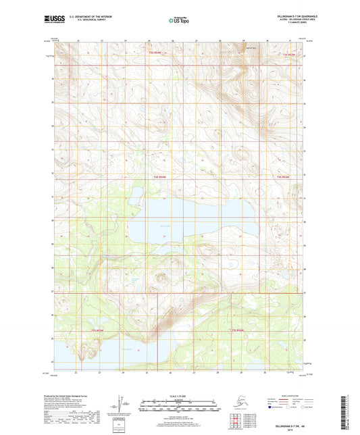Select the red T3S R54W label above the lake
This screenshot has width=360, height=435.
tap(159, 176)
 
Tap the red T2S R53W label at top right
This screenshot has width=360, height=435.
tap(288, 53)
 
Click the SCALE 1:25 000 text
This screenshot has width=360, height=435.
tap(179, 395)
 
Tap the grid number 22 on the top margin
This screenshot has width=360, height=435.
tap(78, 41)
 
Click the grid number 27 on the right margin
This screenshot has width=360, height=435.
tap(305, 292)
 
